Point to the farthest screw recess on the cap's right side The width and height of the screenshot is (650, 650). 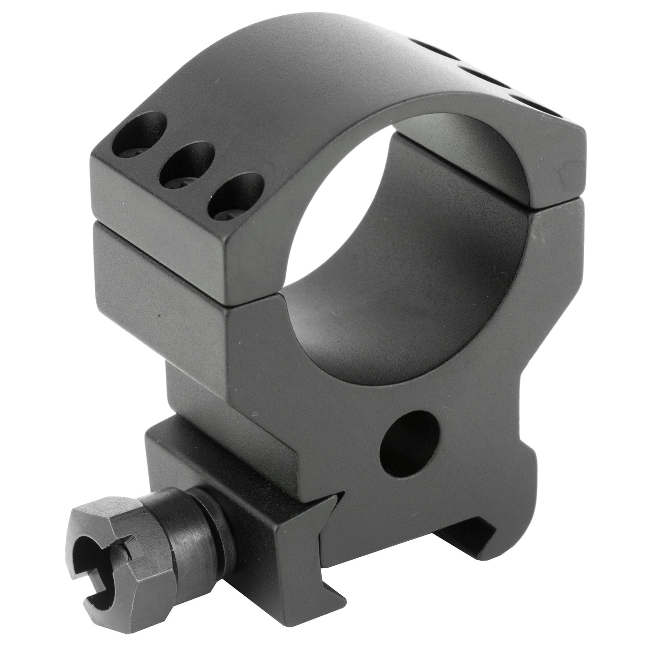point(432,47)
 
